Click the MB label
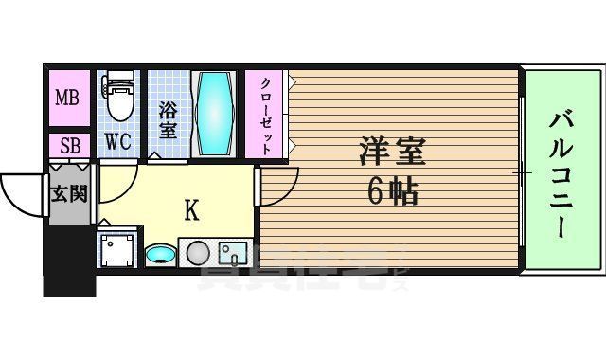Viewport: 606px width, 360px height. tap(66, 98)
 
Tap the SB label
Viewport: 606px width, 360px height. tap(70, 146)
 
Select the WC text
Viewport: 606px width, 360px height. tap(117, 143)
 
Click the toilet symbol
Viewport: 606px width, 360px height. tap(119, 98)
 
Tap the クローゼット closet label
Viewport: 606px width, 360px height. tap(267, 114)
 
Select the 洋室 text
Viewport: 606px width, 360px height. tap(392, 152)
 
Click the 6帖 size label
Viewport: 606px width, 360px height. tap(392, 193)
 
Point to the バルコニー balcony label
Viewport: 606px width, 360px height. tap(558, 171)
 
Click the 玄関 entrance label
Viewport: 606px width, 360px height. tap(69, 194)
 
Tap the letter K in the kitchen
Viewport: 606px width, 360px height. tap(191, 210)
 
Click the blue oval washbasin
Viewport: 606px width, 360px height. tap(161, 255)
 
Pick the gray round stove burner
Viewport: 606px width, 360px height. tap(197, 254)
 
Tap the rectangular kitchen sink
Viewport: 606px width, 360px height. tap(233, 254)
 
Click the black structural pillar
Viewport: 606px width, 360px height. tap(70, 261)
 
